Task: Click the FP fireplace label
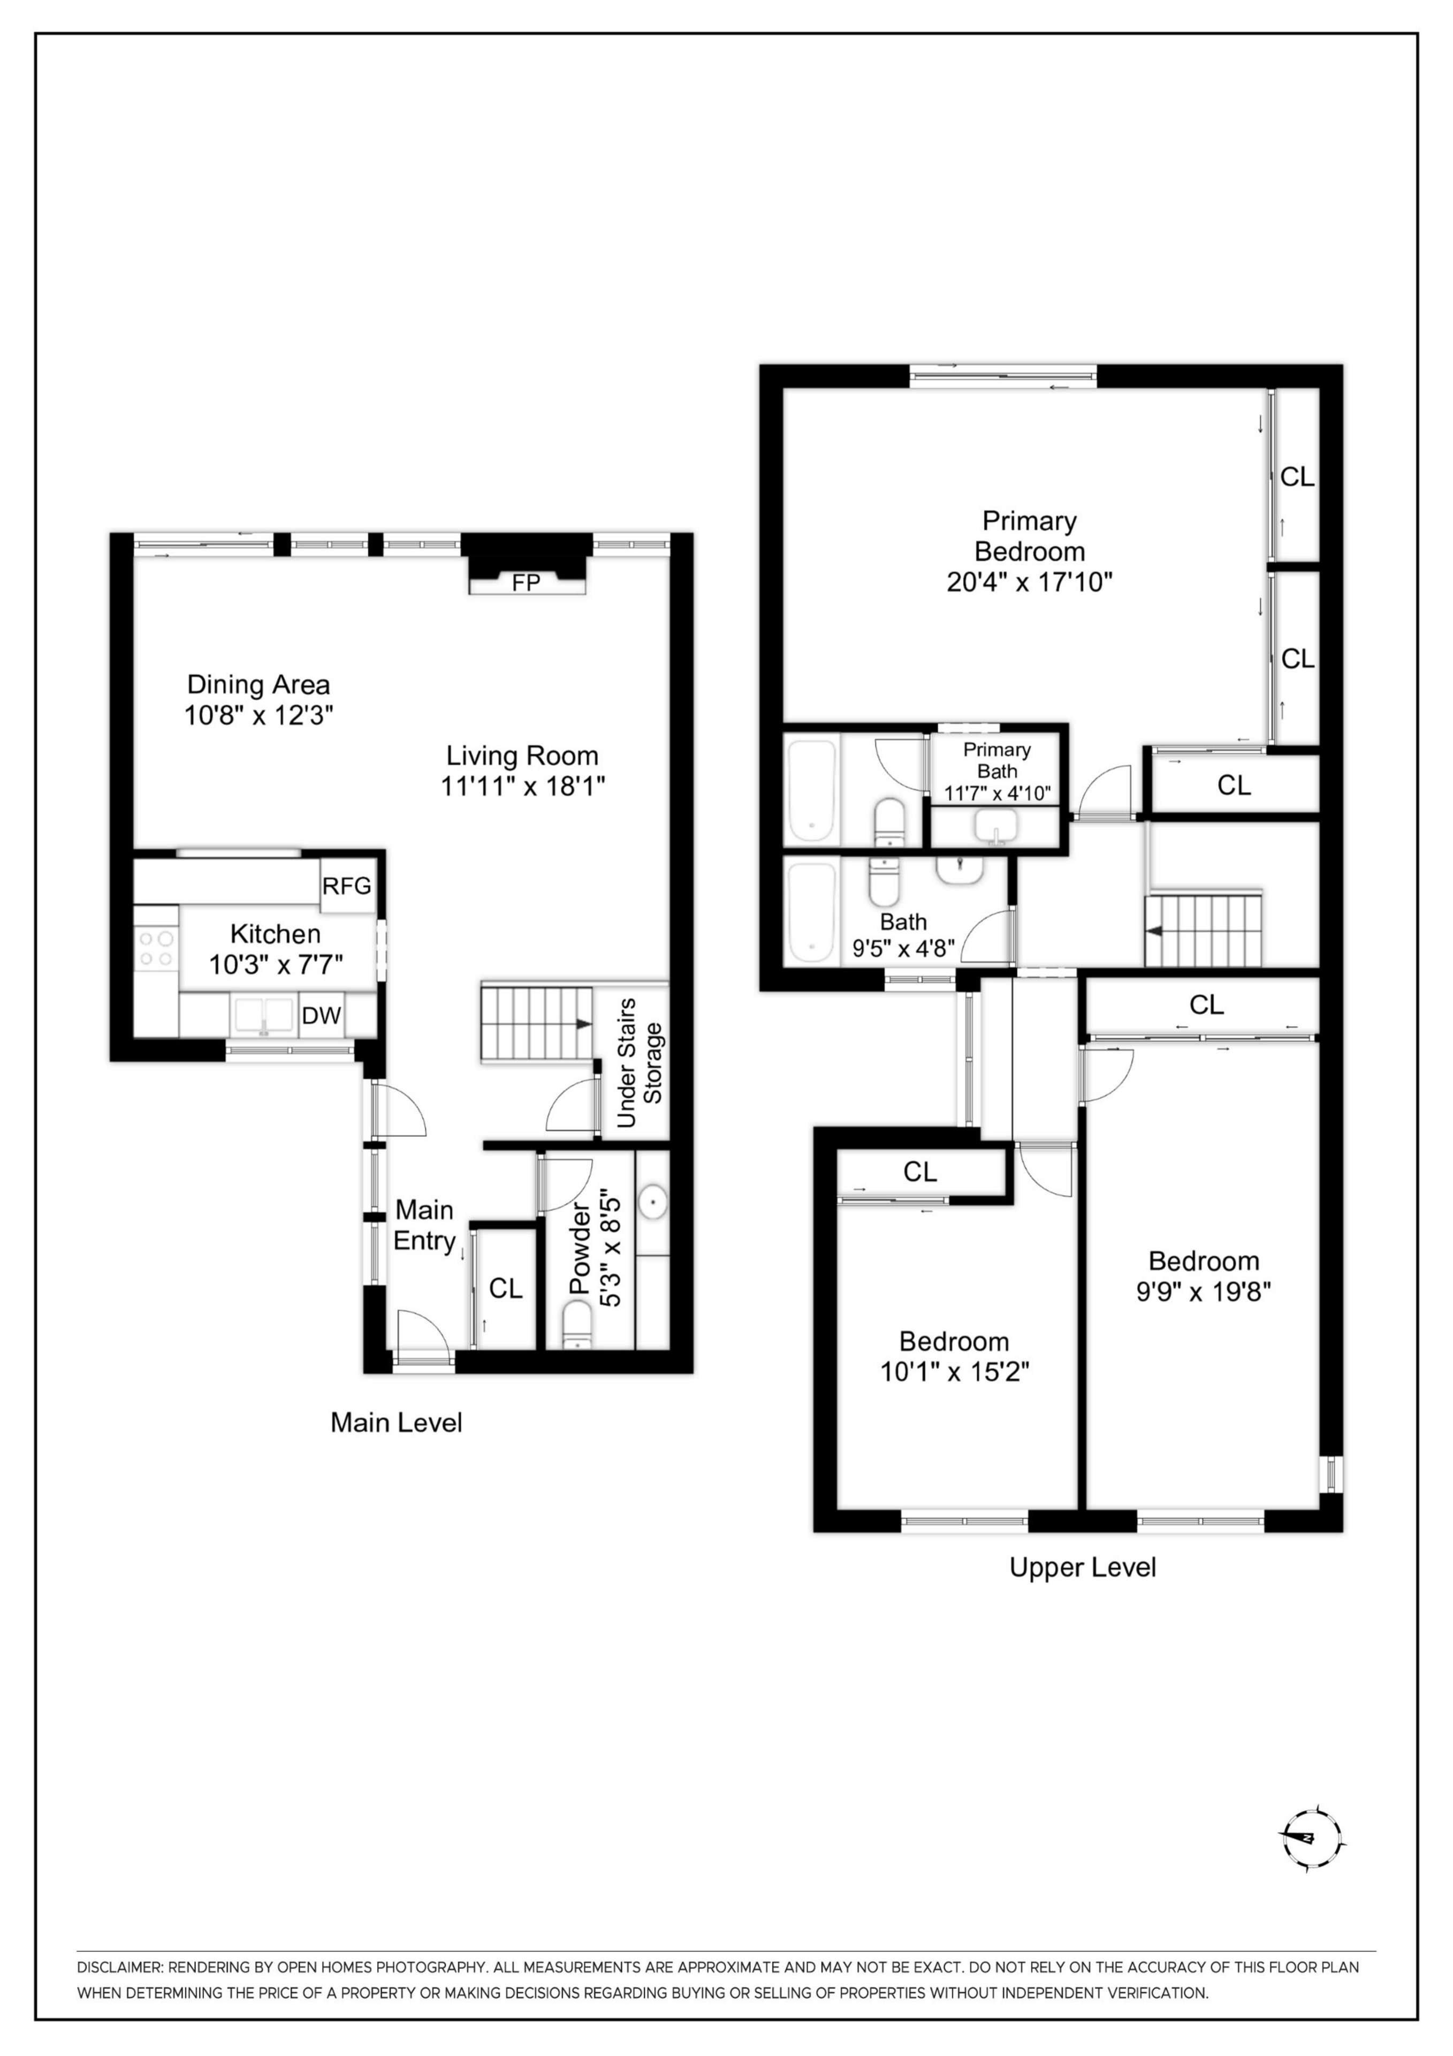(527, 583)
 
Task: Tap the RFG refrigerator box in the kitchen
(346, 886)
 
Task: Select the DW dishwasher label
(321, 1016)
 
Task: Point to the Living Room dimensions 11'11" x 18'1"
(523, 786)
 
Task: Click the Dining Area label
(258, 685)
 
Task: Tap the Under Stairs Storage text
(639, 1062)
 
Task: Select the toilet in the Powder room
(577, 1324)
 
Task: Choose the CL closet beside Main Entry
(505, 1288)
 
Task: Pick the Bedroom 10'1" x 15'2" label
(954, 1356)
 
